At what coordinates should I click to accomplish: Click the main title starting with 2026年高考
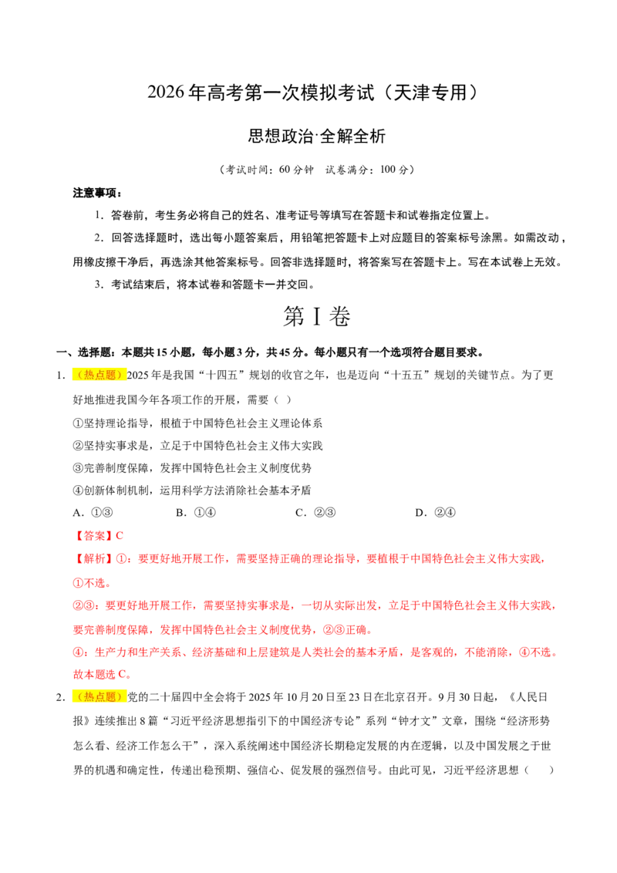(313, 93)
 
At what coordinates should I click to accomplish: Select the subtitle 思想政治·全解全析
(316, 136)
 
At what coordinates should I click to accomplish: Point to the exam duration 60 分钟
(296, 170)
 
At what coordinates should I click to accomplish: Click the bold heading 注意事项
(97, 194)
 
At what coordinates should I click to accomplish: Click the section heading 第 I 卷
(316, 316)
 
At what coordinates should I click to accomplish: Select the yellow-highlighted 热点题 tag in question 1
(99, 375)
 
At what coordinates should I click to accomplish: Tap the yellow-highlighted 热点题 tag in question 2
(99, 696)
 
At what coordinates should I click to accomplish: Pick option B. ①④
(195, 513)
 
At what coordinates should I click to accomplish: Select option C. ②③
(315, 513)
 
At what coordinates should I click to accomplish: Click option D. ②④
(435, 513)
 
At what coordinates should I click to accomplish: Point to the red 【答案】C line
(98, 536)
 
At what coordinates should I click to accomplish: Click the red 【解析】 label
(93, 558)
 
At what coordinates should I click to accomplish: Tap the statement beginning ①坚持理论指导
(197, 423)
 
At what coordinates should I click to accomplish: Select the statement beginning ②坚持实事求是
(197, 446)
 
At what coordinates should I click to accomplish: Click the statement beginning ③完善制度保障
(192, 467)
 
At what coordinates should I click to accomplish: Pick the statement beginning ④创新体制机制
(192, 490)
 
